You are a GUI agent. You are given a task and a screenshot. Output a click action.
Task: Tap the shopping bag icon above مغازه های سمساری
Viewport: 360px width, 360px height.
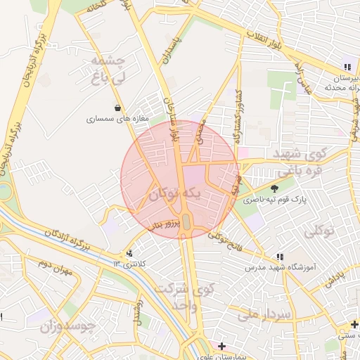tap(117, 108)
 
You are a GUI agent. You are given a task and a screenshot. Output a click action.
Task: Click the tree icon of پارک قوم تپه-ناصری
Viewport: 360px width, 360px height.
tap(275, 188)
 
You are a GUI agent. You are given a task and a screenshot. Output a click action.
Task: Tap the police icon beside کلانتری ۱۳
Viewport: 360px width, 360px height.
tap(129, 253)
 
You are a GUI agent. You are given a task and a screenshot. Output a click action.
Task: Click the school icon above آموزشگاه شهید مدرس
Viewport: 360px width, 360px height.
tap(280, 257)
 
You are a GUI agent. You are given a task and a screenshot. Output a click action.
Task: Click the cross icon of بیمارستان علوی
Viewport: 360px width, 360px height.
tap(221, 346)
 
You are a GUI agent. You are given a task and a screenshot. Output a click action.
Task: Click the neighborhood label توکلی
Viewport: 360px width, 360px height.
tap(320, 230)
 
